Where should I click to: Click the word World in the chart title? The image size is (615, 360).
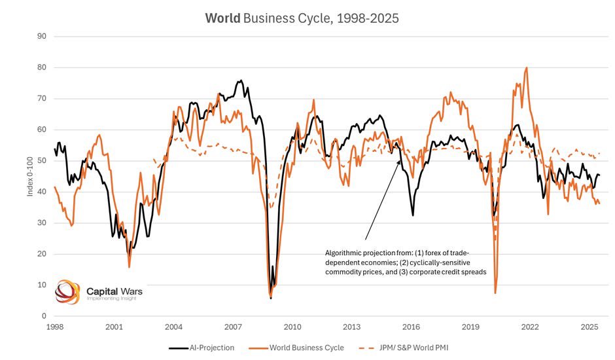222,18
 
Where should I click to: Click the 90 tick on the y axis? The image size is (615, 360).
41,36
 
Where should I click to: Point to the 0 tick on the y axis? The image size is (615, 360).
43,316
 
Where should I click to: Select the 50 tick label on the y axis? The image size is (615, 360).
41,160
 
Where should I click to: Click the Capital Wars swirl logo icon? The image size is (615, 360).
67,292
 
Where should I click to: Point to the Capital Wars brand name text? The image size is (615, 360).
114,289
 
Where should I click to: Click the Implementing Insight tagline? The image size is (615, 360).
114,298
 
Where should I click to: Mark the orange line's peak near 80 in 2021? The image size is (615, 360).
526,67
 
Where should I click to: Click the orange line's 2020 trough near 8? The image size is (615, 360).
495,292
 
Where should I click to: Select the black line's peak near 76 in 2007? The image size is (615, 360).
241,81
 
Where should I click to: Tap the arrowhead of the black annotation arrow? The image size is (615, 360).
400,160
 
